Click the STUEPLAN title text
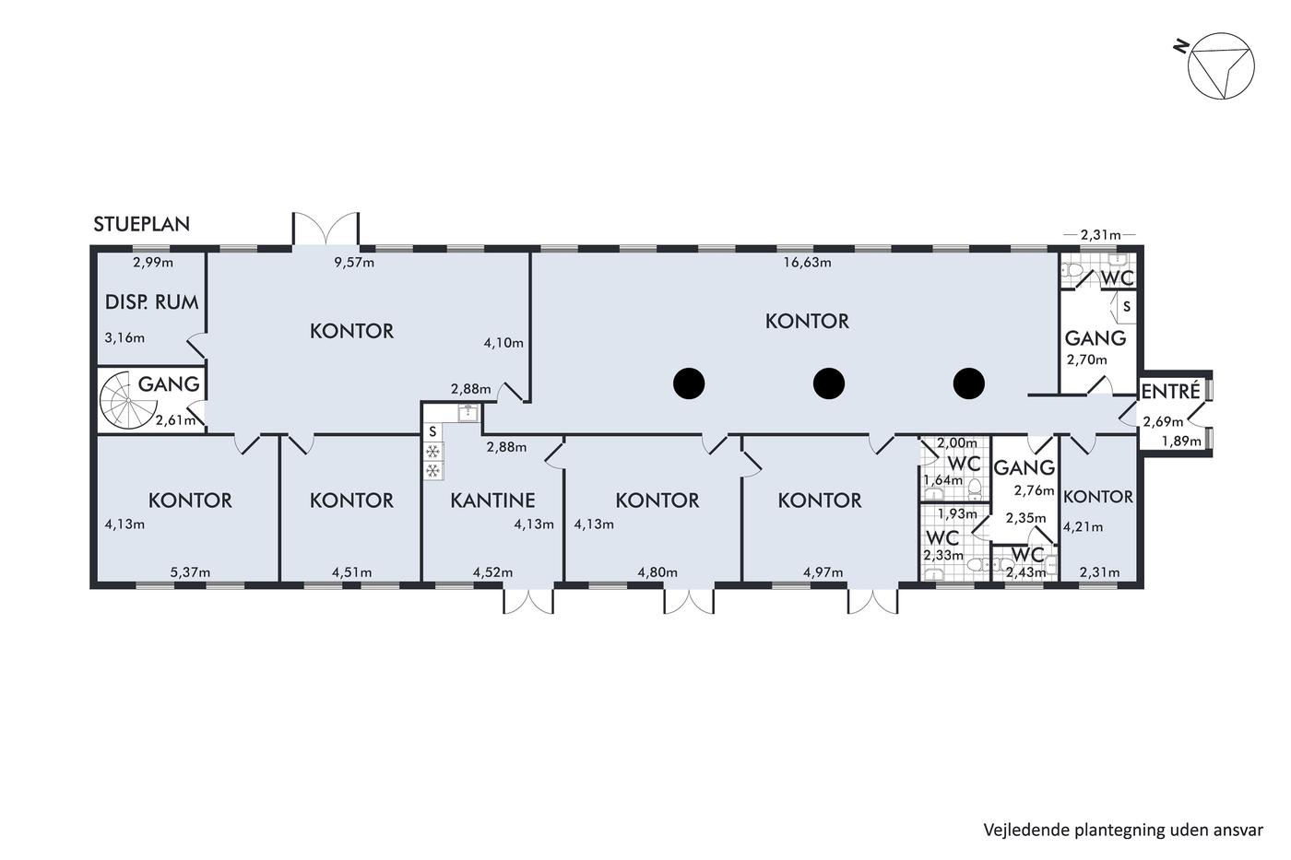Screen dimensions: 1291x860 [142, 224]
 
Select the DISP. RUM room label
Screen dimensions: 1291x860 [151, 301]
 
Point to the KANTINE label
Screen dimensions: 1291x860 [492, 500]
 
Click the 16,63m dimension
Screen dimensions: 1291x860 [807, 263]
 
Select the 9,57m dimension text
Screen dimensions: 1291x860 [354, 263]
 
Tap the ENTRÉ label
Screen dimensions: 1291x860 [1170, 392]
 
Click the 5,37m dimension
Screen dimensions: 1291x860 [190, 572]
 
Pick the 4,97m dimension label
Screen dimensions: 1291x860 [823, 572]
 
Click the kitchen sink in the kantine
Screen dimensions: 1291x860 [468, 412]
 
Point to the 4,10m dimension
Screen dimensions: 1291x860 [503, 343]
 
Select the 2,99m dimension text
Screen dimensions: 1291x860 [153, 263]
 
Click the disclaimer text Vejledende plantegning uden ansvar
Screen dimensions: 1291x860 [1123, 831]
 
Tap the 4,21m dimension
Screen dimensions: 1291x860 [1083, 527]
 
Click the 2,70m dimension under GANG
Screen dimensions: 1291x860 [1087, 360]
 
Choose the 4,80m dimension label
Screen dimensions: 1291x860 [657, 572]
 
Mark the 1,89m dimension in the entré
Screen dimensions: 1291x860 [1181, 442]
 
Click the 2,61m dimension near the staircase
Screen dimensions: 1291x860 [175, 420]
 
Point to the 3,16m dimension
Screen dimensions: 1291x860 [124, 338]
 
